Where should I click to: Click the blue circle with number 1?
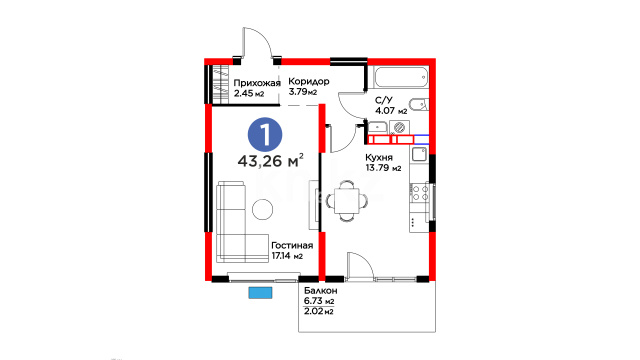click(x=265, y=134)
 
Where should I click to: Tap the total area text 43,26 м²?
click(x=270, y=161)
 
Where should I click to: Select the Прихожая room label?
click(x=257, y=83)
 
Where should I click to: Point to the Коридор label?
click(x=309, y=81)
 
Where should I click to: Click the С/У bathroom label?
click(x=384, y=100)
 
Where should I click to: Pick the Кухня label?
click(x=379, y=158)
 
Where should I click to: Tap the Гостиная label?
click(x=292, y=245)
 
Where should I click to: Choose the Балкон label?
click(x=321, y=291)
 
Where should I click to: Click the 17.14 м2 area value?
click(x=287, y=256)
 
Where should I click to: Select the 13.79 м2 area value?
click(x=383, y=168)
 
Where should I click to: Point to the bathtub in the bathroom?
click(x=401, y=78)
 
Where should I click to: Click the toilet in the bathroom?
click(x=419, y=104)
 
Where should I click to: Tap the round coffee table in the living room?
click(x=262, y=209)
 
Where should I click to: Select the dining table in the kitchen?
click(x=347, y=201)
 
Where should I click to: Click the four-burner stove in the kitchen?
click(x=420, y=193)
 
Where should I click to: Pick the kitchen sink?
click(x=419, y=155)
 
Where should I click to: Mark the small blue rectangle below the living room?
click(x=260, y=293)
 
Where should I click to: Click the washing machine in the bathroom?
click(x=399, y=127)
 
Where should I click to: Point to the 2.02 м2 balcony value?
click(x=319, y=311)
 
